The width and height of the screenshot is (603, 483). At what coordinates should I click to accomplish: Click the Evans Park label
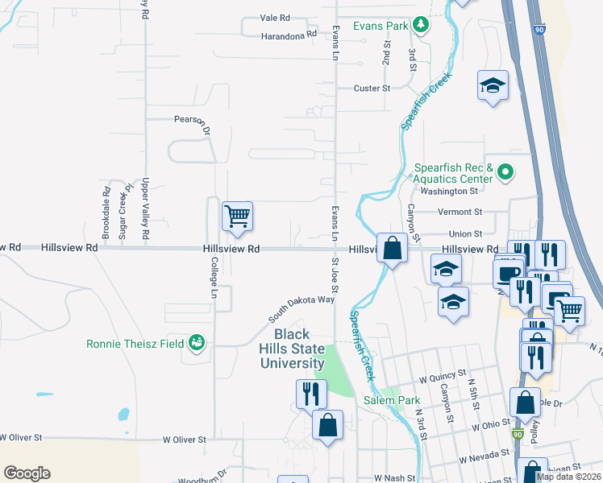click(385, 26)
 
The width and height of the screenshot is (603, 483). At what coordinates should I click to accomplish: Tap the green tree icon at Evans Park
click(420, 26)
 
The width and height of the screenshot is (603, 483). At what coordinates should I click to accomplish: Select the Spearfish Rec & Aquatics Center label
click(453, 173)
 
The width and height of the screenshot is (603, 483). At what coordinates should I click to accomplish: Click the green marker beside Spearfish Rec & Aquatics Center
click(505, 171)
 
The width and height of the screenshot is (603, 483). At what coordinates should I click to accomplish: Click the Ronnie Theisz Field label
click(135, 344)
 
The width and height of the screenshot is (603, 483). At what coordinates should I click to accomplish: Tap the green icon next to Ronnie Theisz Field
click(196, 344)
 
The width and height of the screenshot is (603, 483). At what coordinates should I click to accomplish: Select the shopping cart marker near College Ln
click(237, 217)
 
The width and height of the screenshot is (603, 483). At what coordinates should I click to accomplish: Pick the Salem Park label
click(392, 400)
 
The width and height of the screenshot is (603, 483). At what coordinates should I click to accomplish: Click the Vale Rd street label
click(274, 17)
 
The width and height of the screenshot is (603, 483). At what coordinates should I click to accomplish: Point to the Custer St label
click(372, 88)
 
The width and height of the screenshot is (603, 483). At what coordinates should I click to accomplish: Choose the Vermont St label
click(460, 213)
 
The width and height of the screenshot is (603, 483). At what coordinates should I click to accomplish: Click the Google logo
click(27, 473)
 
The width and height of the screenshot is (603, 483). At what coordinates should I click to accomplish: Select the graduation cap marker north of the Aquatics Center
click(493, 85)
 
